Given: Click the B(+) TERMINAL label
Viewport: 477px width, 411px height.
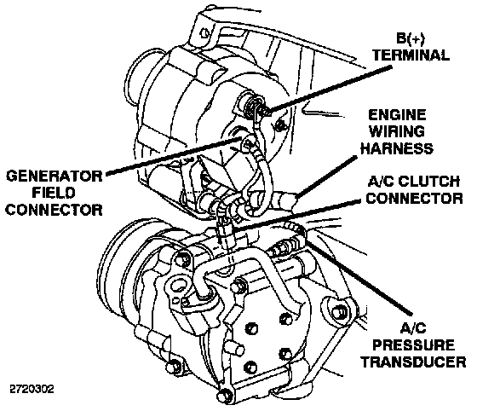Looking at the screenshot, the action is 411,47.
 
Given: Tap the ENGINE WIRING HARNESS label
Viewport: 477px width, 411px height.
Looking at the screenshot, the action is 397,132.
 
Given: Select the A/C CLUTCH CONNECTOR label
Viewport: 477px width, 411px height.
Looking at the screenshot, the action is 414,189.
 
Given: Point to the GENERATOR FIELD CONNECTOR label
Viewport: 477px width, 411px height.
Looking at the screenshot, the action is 55,193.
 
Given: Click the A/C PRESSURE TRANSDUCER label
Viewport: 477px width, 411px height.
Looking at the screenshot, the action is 413,345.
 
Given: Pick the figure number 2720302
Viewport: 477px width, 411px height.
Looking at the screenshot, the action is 32,389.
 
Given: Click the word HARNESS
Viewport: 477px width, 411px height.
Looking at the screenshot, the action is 397,148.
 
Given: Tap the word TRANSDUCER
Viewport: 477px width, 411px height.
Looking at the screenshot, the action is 413,362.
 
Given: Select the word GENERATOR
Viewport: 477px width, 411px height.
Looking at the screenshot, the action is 55,177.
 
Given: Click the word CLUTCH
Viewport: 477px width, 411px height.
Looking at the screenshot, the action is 429,182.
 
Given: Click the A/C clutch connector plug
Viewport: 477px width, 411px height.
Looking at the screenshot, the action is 226,231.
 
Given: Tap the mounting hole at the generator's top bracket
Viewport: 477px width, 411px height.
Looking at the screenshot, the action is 204,32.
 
